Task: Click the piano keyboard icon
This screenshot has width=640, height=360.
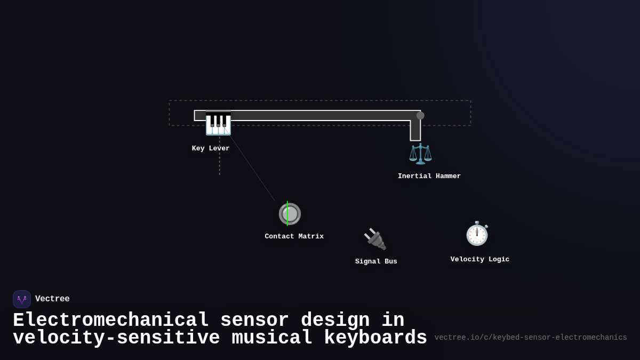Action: [218, 123]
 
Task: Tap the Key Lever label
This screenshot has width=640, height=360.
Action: [211, 148]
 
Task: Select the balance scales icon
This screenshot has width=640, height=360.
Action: [420, 154]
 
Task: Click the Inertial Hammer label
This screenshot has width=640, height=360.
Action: [429, 176]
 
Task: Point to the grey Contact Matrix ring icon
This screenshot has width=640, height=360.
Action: [290, 214]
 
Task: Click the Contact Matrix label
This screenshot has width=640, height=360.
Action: [294, 236]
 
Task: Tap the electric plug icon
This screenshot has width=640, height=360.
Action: [375, 239]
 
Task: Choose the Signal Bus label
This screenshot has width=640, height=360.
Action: [376, 261]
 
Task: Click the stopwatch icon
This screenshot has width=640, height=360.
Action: [477, 234]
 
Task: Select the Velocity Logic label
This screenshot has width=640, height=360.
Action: [480, 259]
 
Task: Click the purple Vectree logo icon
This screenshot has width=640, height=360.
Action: [22, 299]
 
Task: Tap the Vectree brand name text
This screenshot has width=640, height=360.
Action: [52, 299]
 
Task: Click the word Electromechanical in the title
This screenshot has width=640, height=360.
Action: [111, 321]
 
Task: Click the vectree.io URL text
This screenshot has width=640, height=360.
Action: [531, 338]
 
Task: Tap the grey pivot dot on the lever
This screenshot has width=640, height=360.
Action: [420, 115]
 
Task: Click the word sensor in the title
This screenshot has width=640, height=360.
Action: [254, 321]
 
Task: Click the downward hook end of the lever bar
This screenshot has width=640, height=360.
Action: [415, 133]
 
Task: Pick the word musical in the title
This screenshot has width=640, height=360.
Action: [272, 338]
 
